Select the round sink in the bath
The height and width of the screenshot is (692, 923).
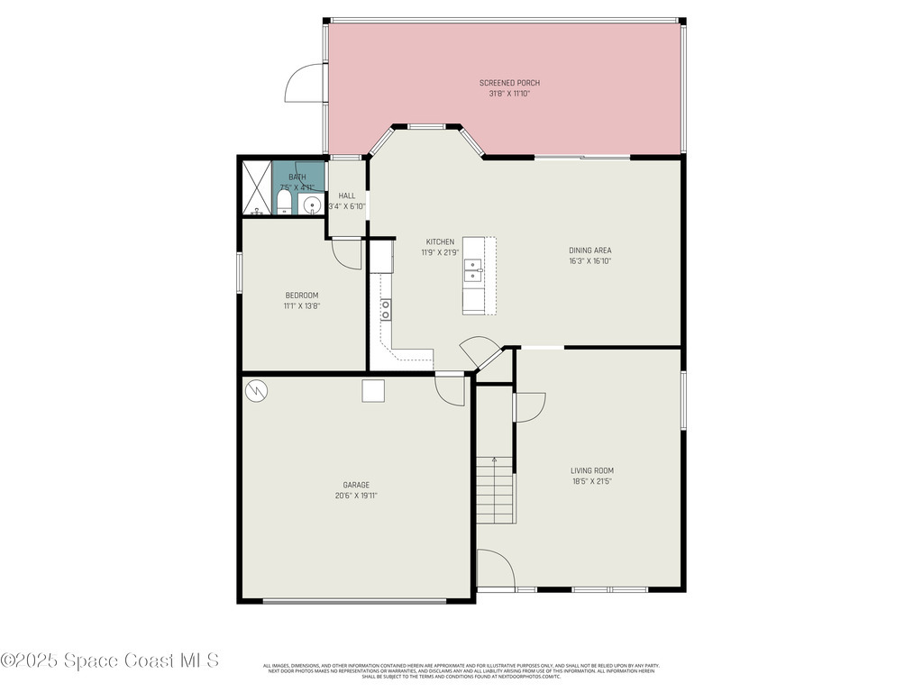[x=312, y=205]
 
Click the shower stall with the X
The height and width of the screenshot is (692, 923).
[x=257, y=187]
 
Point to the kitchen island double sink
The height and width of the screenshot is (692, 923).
[x=473, y=268]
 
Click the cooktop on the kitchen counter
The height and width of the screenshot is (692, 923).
[x=386, y=309]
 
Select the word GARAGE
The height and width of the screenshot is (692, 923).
[x=356, y=485]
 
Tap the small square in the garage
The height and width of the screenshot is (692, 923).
[x=373, y=389]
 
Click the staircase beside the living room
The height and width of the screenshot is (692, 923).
[x=494, y=490]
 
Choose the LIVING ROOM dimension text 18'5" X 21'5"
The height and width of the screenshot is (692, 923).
[x=592, y=481]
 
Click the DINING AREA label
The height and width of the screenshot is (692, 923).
[x=590, y=250]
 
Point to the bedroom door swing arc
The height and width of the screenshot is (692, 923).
[x=346, y=255]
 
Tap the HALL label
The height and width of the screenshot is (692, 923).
[x=347, y=196]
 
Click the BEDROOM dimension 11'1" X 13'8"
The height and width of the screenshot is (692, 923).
[x=302, y=306]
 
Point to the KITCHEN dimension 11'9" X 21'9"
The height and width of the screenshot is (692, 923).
[x=440, y=252]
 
